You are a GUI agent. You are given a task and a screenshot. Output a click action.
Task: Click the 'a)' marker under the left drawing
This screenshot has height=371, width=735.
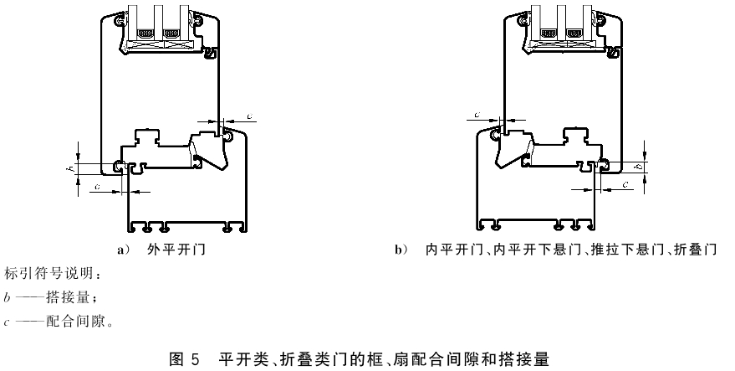(x=123, y=250)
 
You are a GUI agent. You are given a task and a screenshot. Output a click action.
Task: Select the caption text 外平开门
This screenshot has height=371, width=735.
(x=176, y=249)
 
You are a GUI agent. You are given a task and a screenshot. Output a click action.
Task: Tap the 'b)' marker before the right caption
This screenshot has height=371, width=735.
(x=401, y=250)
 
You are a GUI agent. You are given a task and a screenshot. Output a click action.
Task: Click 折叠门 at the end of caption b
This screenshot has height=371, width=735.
(x=695, y=250)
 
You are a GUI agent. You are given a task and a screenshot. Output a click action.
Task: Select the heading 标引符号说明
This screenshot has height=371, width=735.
(x=48, y=273)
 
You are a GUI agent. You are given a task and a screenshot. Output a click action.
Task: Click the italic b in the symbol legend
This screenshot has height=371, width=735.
(x=7, y=297)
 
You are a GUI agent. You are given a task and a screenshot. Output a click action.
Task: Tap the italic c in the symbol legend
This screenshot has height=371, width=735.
(x=7, y=322)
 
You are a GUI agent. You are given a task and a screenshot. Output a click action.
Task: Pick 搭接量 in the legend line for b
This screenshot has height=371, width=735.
(x=68, y=297)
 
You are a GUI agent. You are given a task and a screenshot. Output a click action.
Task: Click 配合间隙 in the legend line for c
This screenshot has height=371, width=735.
(x=75, y=322)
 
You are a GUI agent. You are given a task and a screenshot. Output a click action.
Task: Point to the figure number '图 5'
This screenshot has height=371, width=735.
(x=184, y=360)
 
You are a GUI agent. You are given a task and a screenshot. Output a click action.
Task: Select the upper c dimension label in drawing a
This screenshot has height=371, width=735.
(x=250, y=116)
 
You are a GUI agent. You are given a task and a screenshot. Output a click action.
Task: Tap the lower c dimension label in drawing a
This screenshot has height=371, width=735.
(x=97, y=187)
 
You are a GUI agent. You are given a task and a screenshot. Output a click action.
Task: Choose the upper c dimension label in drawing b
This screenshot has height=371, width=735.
(x=477, y=115)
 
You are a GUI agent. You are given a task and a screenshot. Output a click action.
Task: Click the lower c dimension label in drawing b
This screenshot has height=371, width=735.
(x=625, y=184)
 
